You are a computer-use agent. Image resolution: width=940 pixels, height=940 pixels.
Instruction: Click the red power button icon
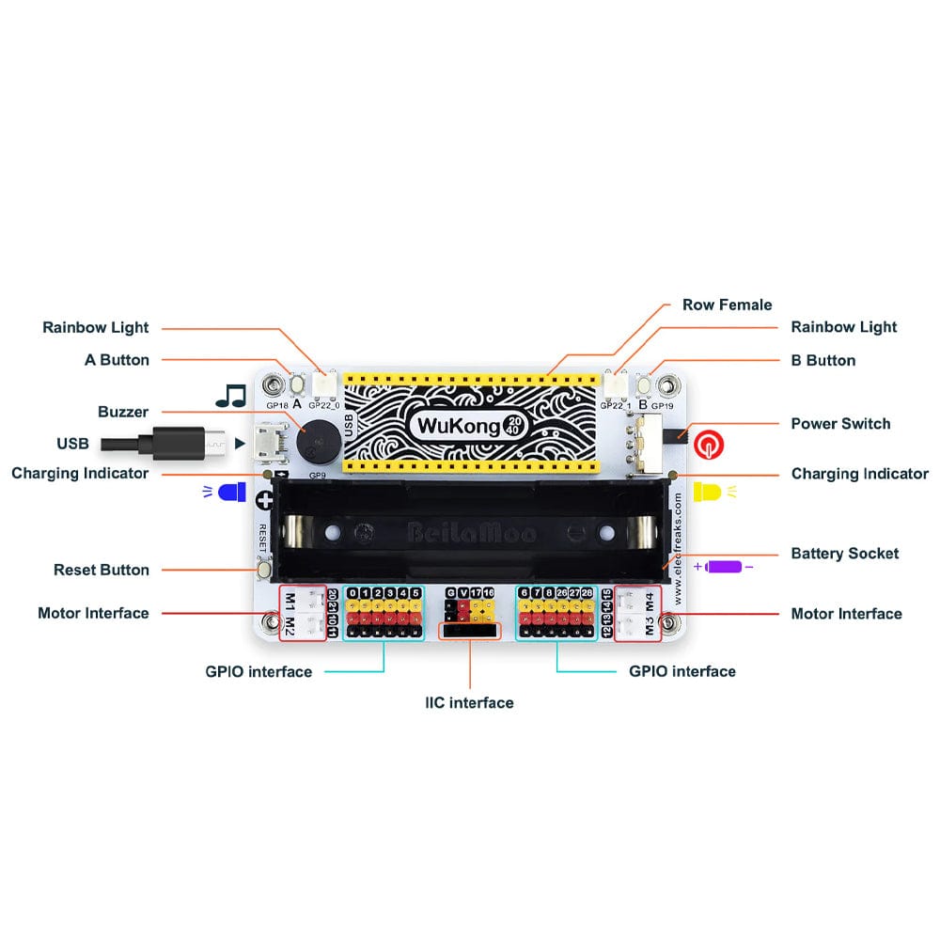tap(708, 443)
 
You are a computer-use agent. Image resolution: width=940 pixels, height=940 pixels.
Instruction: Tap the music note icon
tap(230, 395)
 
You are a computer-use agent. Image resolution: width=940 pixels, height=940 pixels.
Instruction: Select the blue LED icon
tap(228, 492)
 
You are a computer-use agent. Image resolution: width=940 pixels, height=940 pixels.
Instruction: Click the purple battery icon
tap(724, 567)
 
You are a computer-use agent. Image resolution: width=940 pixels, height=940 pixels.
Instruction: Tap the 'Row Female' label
tap(727, 305)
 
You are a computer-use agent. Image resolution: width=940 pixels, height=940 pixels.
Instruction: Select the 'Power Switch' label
tap(840, 424)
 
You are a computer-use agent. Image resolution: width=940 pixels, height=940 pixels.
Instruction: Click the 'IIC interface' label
tap(469, 703)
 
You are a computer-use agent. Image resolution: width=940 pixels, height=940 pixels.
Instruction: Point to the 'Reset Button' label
tap(102, 570)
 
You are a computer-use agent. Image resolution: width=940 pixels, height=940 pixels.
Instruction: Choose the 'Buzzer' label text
tap(123, 412)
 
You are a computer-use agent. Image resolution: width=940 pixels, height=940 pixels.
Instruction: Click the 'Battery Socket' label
tap(844, 554)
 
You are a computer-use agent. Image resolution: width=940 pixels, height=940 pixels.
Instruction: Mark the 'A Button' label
tap(117, 360)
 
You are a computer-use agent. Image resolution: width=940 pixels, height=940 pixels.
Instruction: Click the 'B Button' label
tap(823, 360)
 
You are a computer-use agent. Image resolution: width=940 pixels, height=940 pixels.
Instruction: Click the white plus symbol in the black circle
tap(266, 500)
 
